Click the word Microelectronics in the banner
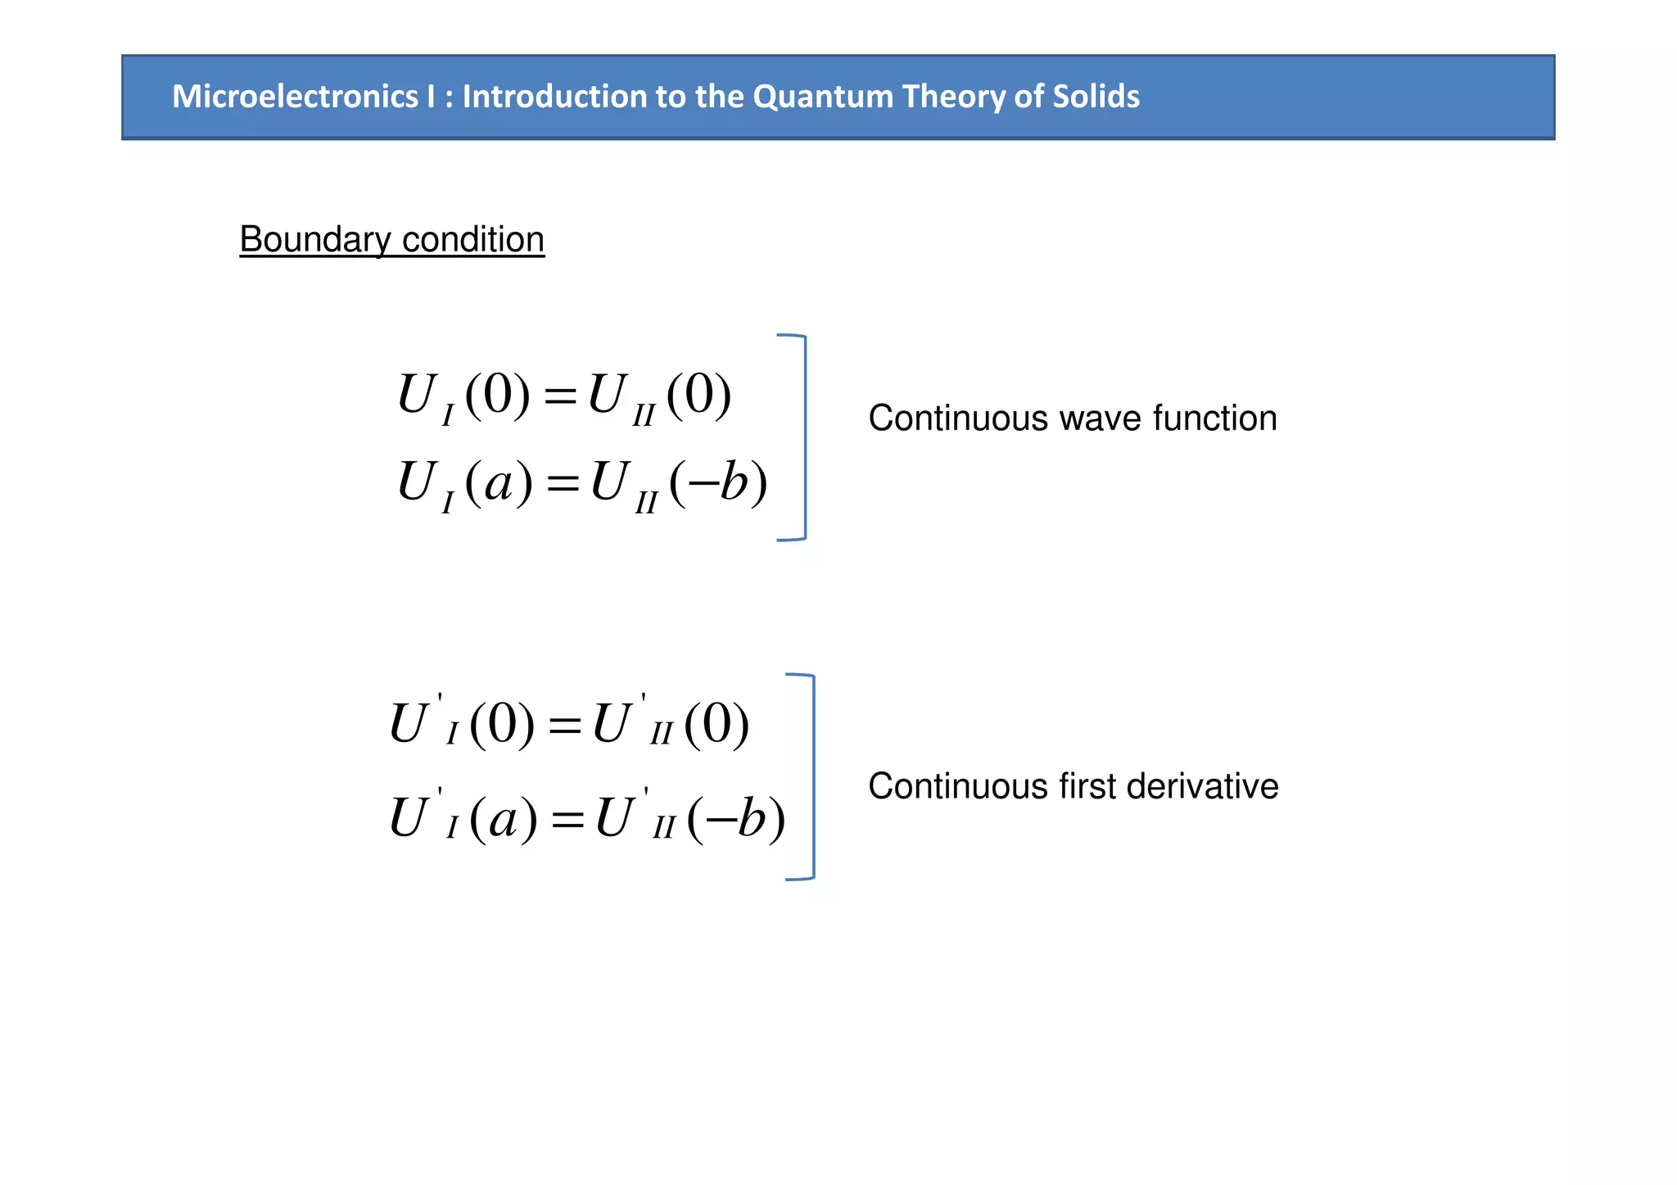[x=295, y=97]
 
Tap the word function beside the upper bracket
[x=1215, y=418]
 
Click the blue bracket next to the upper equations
[x=804, y=437]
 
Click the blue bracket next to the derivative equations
[x=812, y=776]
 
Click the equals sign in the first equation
[x=561, y=397]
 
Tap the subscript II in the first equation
[x=644, y=415]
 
